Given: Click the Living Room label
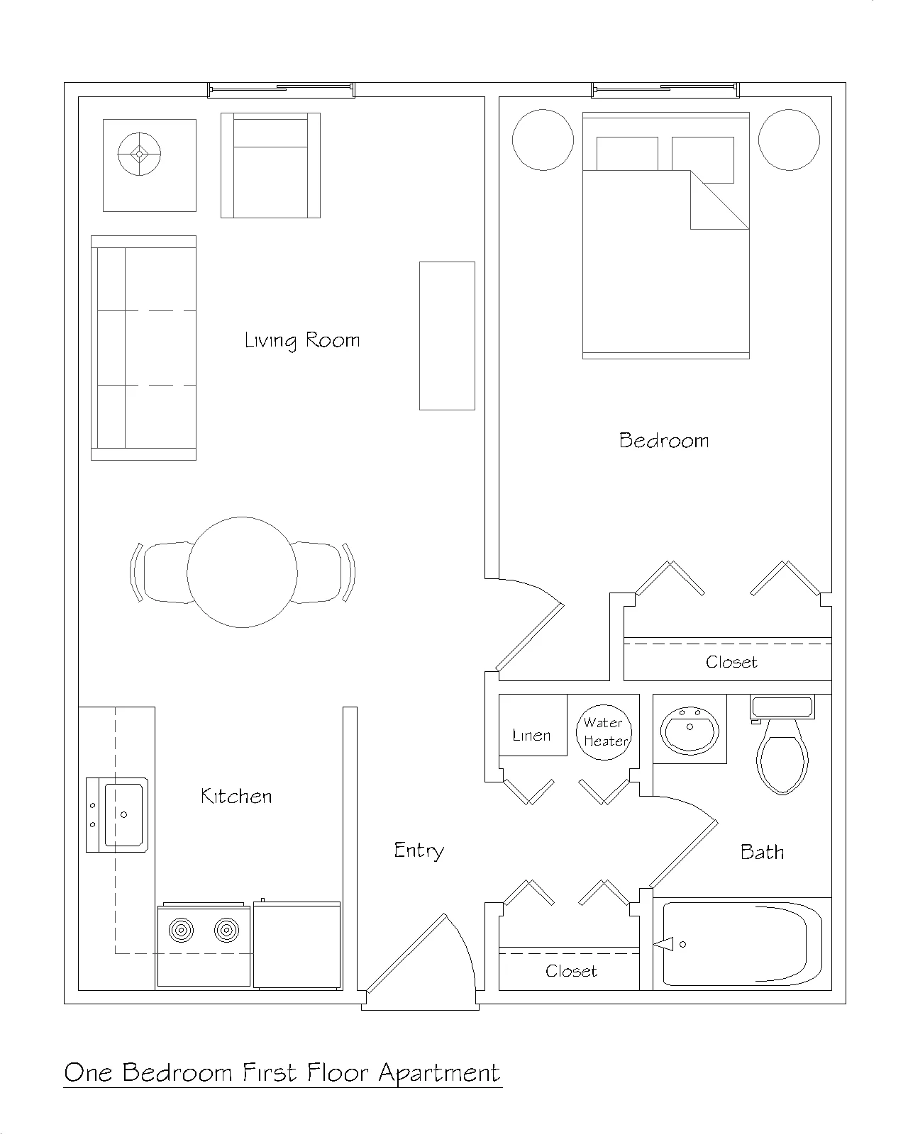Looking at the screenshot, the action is click(302, 340).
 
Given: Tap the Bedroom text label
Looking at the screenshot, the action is click(664, 441).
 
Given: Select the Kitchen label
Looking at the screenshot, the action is click(236, 796).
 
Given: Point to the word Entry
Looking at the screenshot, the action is click(419, 850).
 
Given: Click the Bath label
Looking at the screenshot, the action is click(762, 852).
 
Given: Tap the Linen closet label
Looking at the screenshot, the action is click(531, 735).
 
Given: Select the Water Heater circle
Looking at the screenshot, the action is click(604, 732).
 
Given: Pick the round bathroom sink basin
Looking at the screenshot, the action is click(690, 730).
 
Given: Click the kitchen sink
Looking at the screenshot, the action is click(117, 814).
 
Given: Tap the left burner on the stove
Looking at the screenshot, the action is click(181, 931).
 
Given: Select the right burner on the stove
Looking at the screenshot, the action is click(227, 931).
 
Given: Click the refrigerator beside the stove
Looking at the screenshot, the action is click(297, 944).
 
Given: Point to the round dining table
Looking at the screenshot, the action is click(242, 572).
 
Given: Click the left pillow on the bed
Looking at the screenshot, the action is click(627, 153).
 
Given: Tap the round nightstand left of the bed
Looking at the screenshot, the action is click(543, 140).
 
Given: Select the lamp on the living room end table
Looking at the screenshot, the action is click(139, 154).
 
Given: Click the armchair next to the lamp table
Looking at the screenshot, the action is click(271, 165).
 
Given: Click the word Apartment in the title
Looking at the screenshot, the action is click(440, 1074).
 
